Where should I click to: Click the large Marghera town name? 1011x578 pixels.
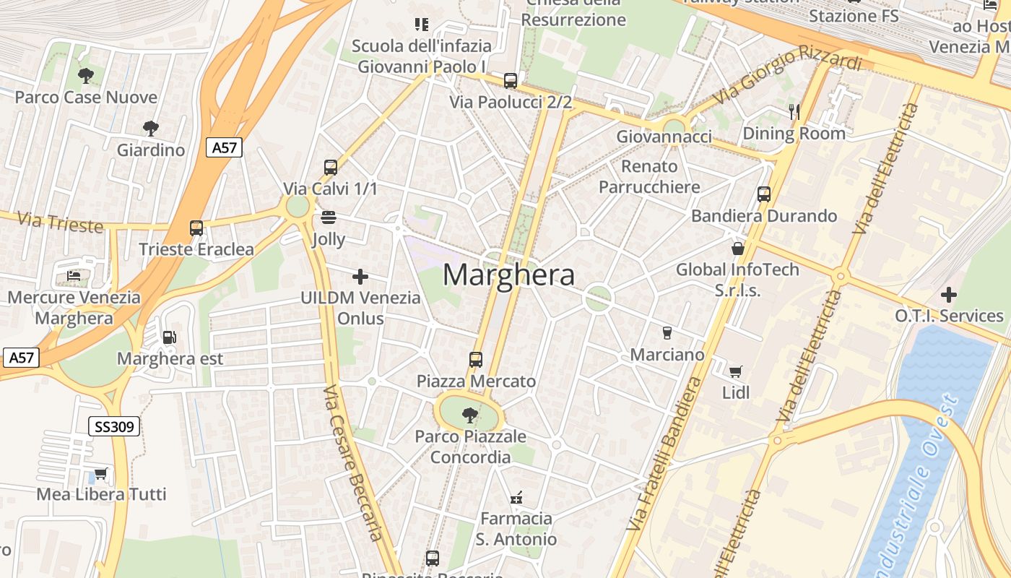508,275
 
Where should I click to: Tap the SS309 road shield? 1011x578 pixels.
114,426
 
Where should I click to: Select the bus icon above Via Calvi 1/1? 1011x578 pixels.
331,168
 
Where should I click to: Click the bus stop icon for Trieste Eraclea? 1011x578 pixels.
196,228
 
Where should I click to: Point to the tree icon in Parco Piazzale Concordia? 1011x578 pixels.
470,415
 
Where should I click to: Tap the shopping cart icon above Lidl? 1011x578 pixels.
735,371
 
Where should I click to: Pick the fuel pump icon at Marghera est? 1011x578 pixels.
170,337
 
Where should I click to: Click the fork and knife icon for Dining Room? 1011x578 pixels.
794,111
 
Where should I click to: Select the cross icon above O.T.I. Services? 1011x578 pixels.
949,295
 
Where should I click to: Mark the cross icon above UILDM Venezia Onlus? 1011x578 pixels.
360,276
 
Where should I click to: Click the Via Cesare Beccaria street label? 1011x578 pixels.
353,462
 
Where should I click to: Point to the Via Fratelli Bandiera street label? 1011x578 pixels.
663,455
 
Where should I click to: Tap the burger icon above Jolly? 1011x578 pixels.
329,217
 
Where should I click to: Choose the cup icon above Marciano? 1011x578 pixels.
667,333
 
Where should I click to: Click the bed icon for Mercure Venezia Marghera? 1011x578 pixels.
74,275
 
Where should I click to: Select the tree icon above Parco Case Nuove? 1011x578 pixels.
85,75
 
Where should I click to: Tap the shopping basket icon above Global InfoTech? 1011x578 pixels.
738,249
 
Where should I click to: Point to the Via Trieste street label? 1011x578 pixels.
60,222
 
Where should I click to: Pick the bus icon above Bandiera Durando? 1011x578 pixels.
764,194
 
